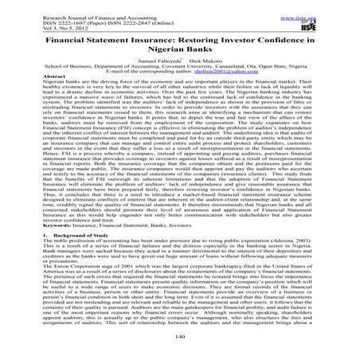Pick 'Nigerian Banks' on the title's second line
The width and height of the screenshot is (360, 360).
180,49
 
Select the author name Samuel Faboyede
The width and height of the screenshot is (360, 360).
155,61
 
